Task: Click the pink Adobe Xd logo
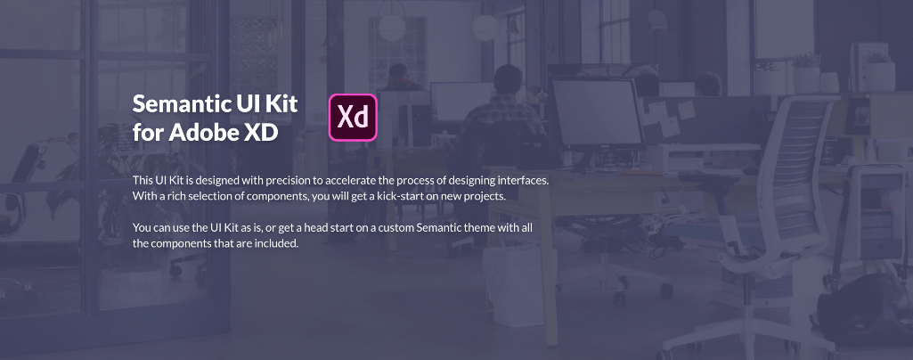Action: [353, 118]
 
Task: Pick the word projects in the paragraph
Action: [488, 196]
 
